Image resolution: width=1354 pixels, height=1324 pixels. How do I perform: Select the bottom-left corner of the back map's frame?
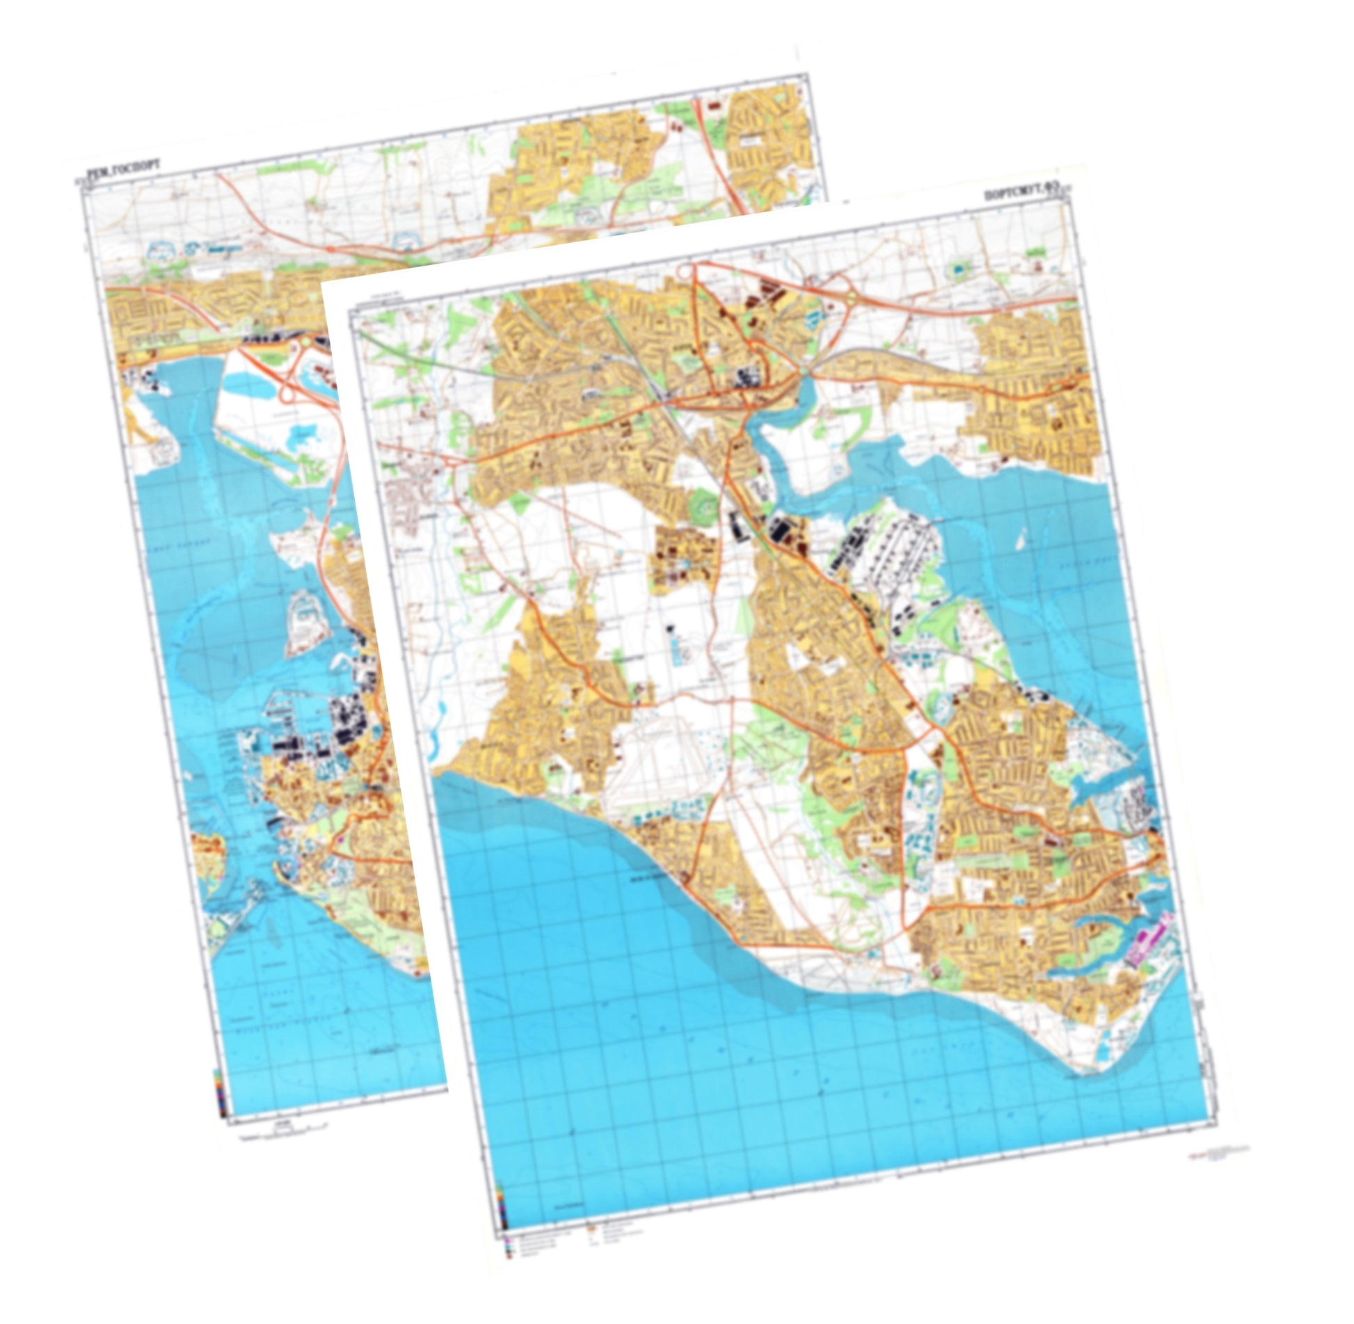[x=228, y=1120]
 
